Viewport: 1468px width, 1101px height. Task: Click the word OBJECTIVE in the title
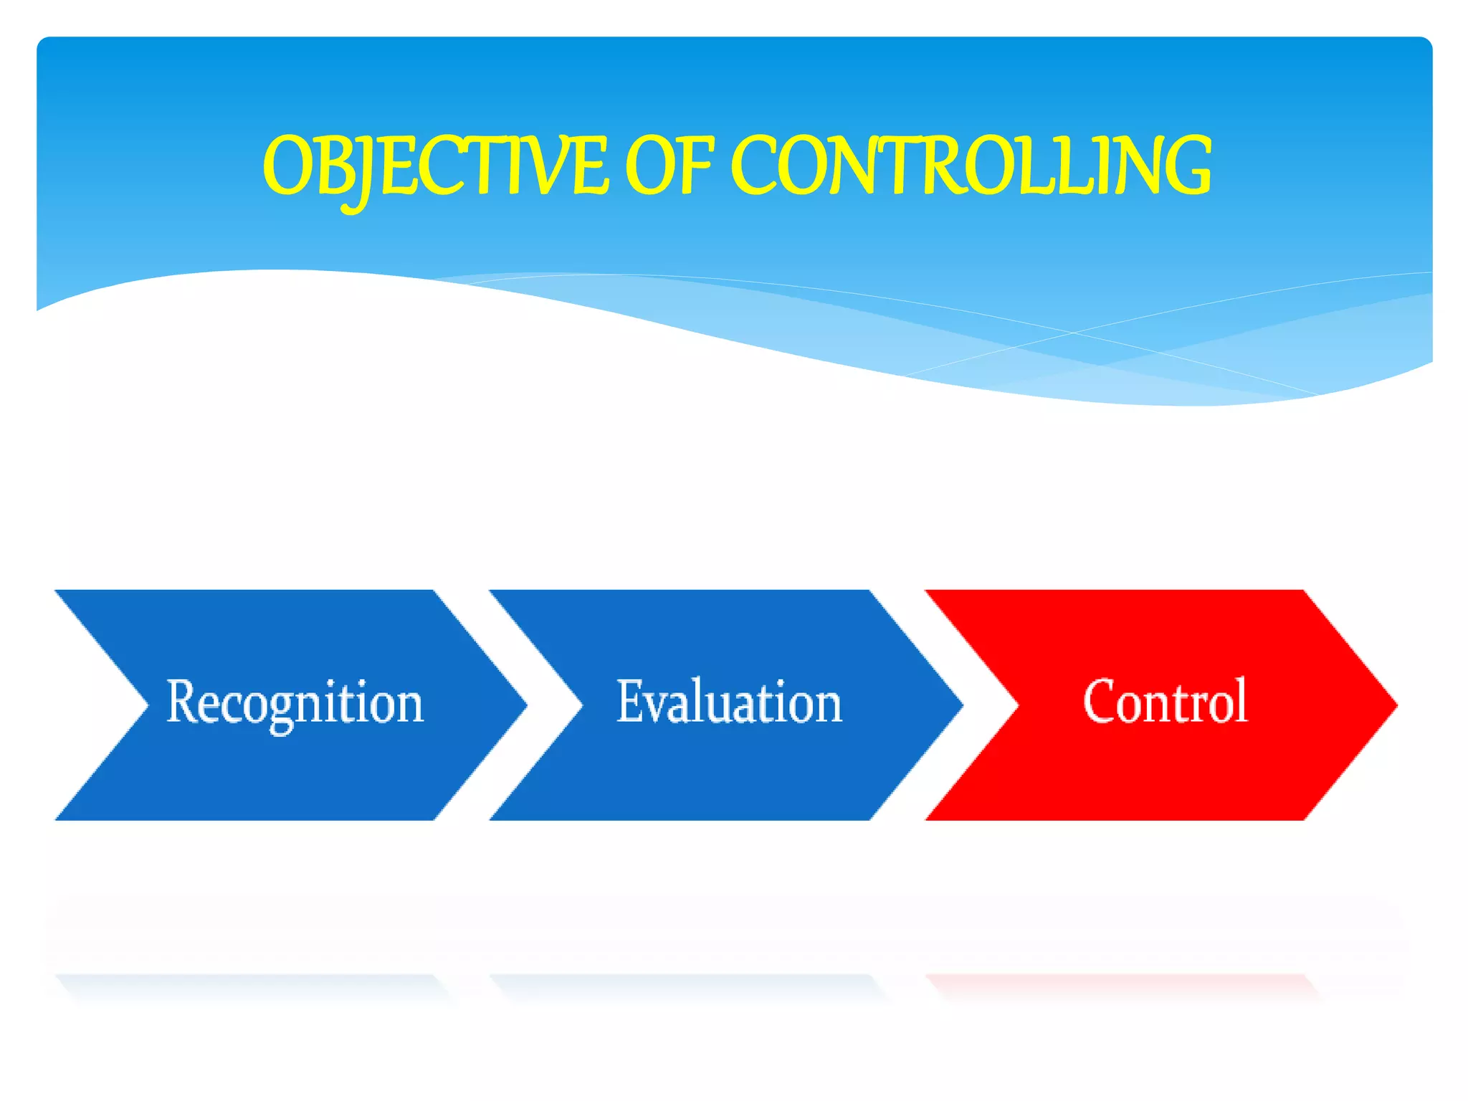[x=435, y=166]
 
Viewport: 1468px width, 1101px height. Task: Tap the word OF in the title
[x=669, y=166]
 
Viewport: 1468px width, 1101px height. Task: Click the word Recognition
[x=295, y=703]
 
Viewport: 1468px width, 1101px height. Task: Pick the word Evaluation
[x=729, y=702]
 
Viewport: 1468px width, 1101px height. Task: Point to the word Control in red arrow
[x=1166, y=702]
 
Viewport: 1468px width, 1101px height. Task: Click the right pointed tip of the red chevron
[x=1393, y=705]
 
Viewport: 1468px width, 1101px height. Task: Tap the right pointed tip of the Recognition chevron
[x=524, y=705]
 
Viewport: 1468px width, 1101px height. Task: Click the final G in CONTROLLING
[x=1183, y=166]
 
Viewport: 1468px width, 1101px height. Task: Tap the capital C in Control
[x=1101, y=701]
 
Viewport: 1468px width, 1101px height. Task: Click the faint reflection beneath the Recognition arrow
[x=251, y=985]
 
